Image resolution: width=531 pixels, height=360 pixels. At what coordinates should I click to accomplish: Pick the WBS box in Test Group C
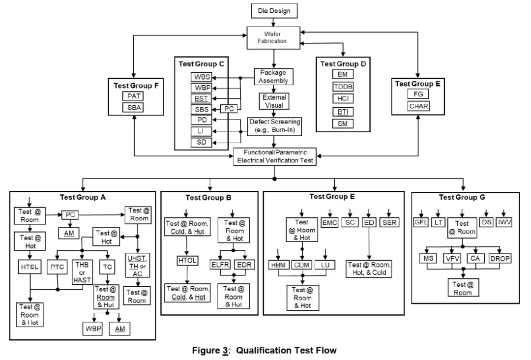pyautogui.click(x=201, y=77)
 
